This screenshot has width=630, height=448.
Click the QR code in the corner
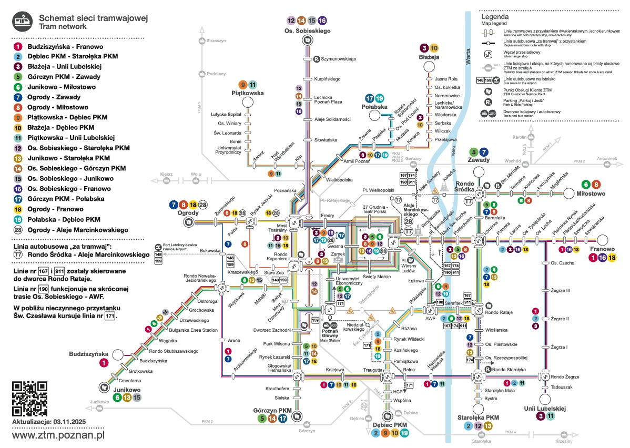click(29, 398)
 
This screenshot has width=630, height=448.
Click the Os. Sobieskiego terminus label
click(308, 32)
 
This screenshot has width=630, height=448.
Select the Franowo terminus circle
click(602, 240)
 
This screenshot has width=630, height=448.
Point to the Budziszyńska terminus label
click(88, 354)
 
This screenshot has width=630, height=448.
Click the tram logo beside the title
click(22, 22)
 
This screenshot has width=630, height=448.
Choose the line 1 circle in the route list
click(18, 47)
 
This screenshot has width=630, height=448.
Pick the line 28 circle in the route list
click(18, 230)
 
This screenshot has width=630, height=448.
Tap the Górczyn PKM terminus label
click(272, 410)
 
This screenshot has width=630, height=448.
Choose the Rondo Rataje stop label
click(499, 312)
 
